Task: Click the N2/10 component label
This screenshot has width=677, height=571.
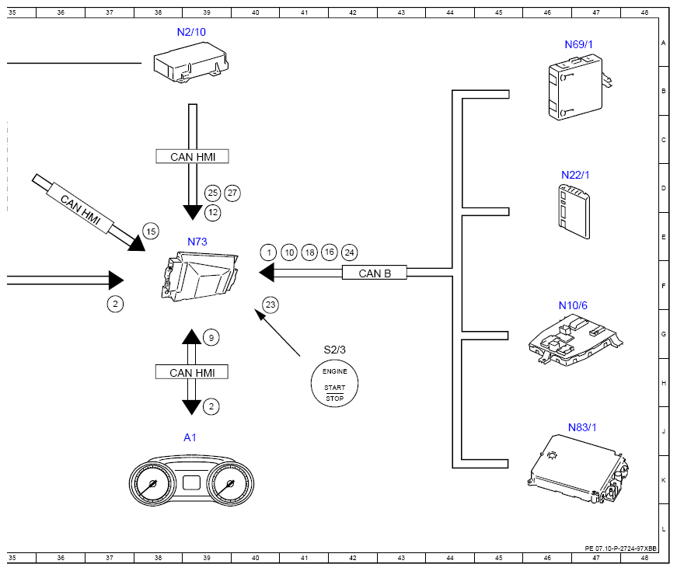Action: coord(191,32)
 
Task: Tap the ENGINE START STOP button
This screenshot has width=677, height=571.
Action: coord(334,385)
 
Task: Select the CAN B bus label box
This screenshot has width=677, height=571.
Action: coord(375,273)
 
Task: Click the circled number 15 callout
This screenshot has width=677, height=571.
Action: coord(151,231)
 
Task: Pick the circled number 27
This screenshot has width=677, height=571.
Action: coord(232,193)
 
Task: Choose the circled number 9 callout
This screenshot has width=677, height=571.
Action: coord(210,337)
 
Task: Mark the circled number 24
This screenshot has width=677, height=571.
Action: coord(350,252)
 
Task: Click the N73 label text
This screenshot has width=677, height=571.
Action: coord(197,242)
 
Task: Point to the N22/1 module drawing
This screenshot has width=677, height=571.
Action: coord(574,207)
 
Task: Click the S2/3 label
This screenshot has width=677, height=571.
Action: coord(335,350)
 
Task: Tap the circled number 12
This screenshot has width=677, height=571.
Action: coord(212,211)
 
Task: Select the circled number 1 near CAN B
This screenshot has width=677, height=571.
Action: coord(269,252)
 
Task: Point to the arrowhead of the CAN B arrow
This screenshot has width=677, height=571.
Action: coord(267,273)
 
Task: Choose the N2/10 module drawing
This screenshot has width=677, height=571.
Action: coord(192,63)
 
